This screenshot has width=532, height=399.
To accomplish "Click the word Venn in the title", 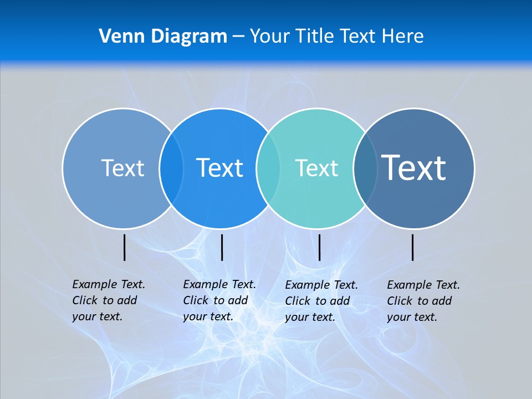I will click(119, 37).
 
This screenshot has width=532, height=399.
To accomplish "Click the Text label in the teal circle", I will click(316, 168).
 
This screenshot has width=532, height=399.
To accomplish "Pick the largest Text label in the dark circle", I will click(413, 167).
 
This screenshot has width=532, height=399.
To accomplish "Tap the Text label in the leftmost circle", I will click(122, 168).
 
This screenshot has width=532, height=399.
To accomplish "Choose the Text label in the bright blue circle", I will click(219, 168).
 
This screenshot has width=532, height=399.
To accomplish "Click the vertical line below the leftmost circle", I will click(125, 248).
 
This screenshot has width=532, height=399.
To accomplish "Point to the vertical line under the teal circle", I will click(320, 248).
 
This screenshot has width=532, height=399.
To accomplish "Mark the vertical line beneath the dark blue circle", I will click(413, 248).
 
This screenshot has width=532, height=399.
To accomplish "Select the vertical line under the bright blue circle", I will click(222, 248).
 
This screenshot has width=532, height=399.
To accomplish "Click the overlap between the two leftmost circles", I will click(171, 168).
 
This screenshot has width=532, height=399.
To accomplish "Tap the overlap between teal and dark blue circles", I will click(365, 168).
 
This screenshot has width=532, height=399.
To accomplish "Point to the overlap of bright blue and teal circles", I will click(268, 168).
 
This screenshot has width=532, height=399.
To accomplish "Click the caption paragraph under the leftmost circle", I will click(108, 300).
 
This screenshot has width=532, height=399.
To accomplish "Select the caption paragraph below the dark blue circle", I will click(423, 301).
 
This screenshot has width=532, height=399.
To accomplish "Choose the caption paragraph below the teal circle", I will click(321, 301).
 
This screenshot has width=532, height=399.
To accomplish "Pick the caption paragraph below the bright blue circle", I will click(219, 300).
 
